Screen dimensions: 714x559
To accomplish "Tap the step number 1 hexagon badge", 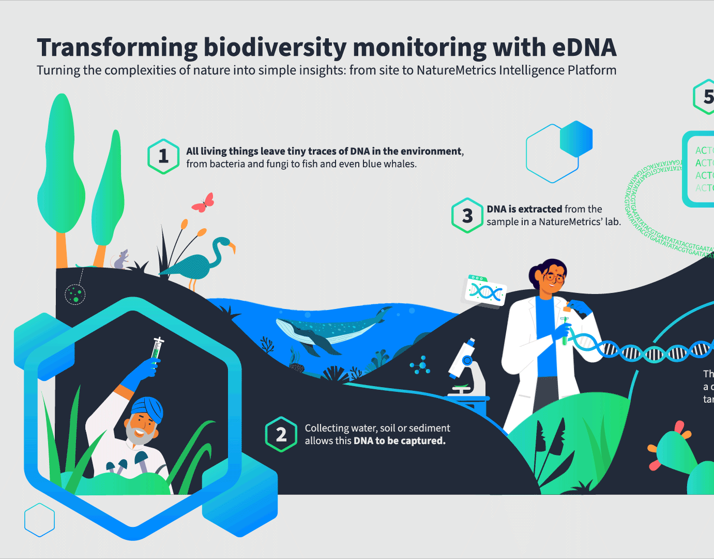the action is click(163, 156).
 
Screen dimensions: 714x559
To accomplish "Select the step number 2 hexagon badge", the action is click(281, 434).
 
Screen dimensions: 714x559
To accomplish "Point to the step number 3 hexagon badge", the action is click(467, 215).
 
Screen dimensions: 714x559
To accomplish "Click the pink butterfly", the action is click(203, 203).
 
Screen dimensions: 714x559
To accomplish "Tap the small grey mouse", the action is click(121, 260).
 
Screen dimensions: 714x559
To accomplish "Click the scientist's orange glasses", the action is click(553, 278).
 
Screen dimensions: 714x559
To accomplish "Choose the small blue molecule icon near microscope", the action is click(421, 365).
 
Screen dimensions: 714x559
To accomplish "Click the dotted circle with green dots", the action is click(75, 295).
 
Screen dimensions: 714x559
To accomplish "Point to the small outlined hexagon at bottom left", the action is click(40, 520).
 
